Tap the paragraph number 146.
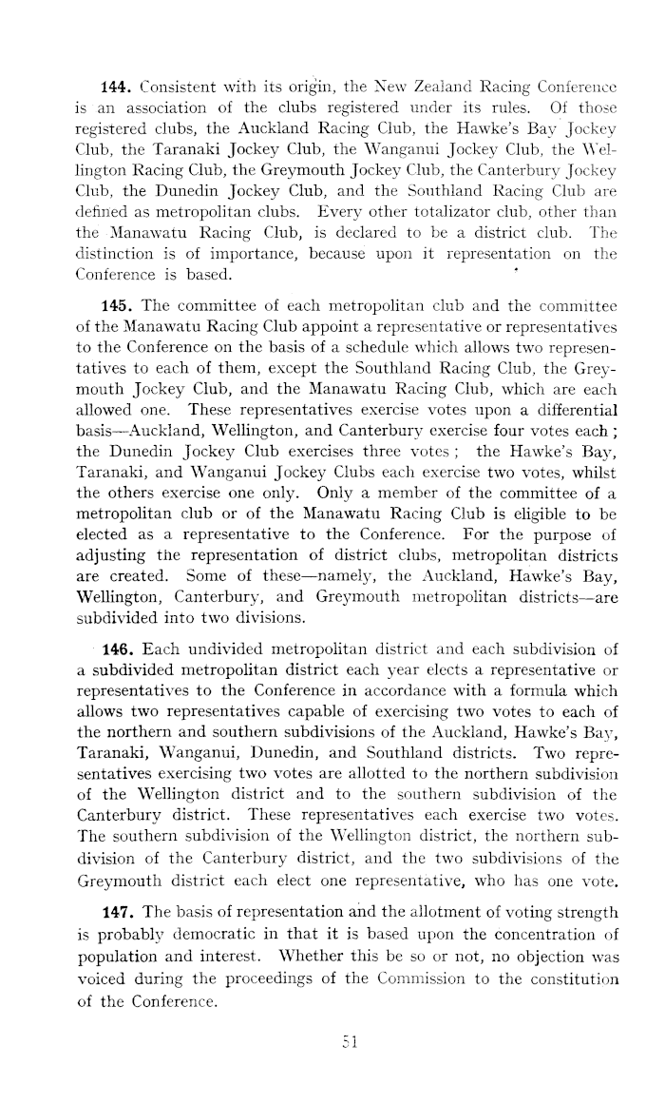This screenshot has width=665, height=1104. (115, 598)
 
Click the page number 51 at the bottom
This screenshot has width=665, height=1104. (332, 1046)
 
